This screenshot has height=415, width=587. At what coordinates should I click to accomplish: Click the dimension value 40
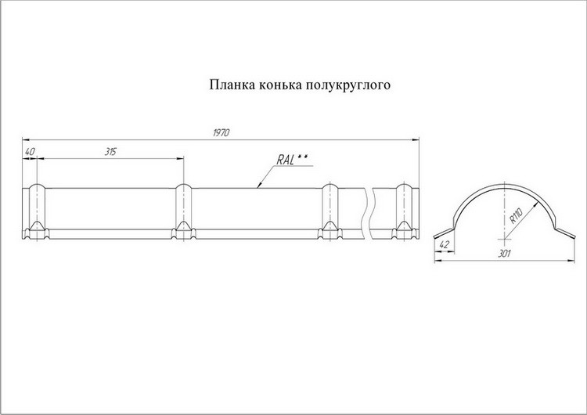pos(30,152)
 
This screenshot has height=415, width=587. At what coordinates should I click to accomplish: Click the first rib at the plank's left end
pos(36,210)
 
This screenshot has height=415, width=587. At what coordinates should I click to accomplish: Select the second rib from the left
pos(183,210)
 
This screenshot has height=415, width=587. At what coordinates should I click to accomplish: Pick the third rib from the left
pos(330,210)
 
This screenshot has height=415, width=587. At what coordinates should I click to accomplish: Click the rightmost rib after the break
pos(404,210)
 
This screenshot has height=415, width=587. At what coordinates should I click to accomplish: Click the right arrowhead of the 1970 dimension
pos(416,139)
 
